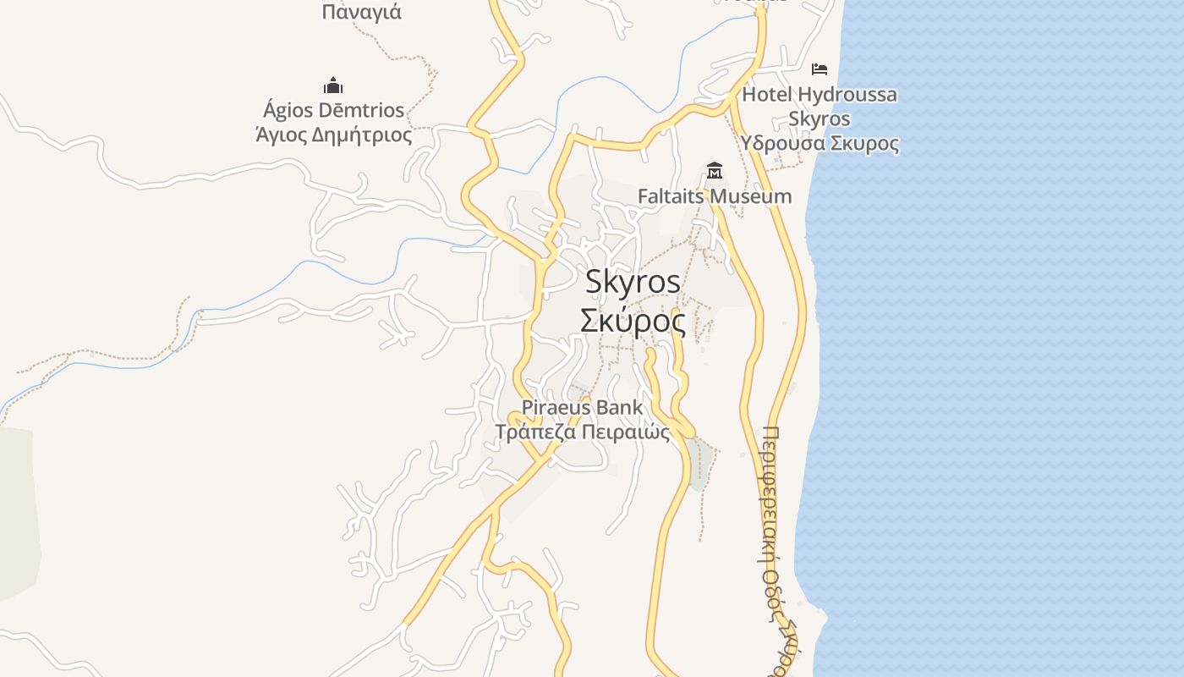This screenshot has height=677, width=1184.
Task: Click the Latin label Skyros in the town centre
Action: click(633, 282)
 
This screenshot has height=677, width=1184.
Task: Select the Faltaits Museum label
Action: click(715, 196)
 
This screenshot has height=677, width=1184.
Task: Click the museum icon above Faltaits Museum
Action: click(715, 172)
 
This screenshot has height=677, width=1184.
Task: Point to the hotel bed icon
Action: click(819, 69)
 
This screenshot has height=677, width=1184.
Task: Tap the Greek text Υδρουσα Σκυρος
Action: click(819, 143)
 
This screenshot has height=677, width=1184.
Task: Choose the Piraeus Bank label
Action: click(582, 407)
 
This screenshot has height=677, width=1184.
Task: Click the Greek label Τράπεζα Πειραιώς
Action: click(582, 432)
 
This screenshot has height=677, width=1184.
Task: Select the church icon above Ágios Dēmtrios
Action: click(333, 85)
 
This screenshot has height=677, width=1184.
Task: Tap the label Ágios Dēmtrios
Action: click(333, 111)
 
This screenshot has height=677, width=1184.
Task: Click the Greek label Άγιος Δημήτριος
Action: click(333, 135)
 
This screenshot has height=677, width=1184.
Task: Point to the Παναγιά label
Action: click(361, 13)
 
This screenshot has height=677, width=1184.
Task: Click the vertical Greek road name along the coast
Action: click(771, 550)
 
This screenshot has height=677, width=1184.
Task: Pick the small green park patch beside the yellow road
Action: click(697, 464)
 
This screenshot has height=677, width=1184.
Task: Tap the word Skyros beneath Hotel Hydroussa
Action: click(819, 118)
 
